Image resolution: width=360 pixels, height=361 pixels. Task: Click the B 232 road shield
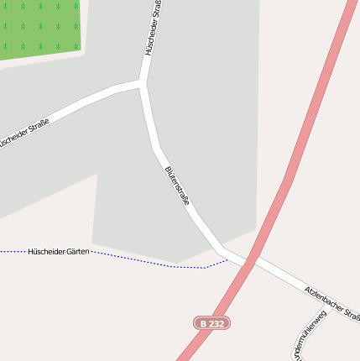tap(211, 322)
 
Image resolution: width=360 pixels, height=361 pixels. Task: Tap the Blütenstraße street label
tap(177, 186)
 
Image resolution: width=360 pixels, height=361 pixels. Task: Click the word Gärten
tap(73, 251)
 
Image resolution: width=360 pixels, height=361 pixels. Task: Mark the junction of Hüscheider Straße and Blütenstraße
tap(141, 83)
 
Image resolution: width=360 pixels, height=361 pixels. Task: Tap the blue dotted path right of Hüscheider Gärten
tap(151, 261)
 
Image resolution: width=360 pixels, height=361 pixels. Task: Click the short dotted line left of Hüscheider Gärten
tap(12, 251)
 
